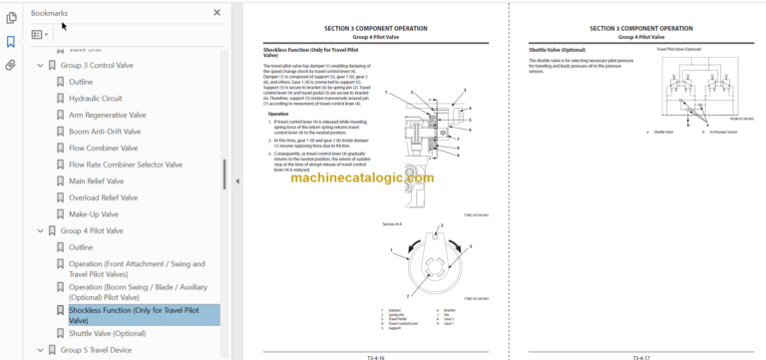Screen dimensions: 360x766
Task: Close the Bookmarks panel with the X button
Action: (217, 13)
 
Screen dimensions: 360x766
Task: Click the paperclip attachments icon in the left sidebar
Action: (11, 65)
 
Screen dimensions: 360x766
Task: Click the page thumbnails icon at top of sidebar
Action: (11, 17)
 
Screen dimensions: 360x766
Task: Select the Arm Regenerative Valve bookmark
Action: (107, 115)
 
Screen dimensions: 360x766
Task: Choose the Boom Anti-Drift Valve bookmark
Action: (106, 132)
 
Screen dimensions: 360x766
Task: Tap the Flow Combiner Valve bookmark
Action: (103, 148)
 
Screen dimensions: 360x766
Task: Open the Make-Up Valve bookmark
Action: (94, 213)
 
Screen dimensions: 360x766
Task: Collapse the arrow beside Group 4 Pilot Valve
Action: (40, 230)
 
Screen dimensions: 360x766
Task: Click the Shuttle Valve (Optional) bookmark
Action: (107, 333)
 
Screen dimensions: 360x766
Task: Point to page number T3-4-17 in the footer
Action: (643, 355)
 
